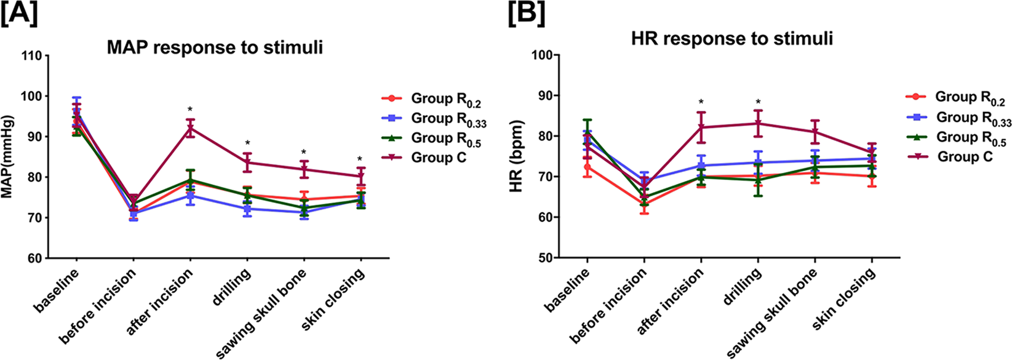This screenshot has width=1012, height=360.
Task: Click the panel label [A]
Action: (x=20, y=14)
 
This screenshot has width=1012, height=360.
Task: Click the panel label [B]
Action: (x=526, y=14)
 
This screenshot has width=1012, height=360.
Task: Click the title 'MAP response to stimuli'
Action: (x=215, y=47)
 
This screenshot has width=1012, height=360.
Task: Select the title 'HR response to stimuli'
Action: (x=731, y=39)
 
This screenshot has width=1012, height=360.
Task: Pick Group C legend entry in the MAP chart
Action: (x=438, y=158)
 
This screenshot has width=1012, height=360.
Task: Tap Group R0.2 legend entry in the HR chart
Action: (x=970, y=97)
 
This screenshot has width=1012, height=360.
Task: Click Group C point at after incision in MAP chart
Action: (x=190, y=129)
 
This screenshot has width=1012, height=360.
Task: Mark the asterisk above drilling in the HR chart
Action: (x=758, y=102)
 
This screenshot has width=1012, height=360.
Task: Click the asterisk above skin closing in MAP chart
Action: (x=360, y=159)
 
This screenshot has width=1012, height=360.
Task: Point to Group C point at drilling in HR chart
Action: (x=758, y=123)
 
